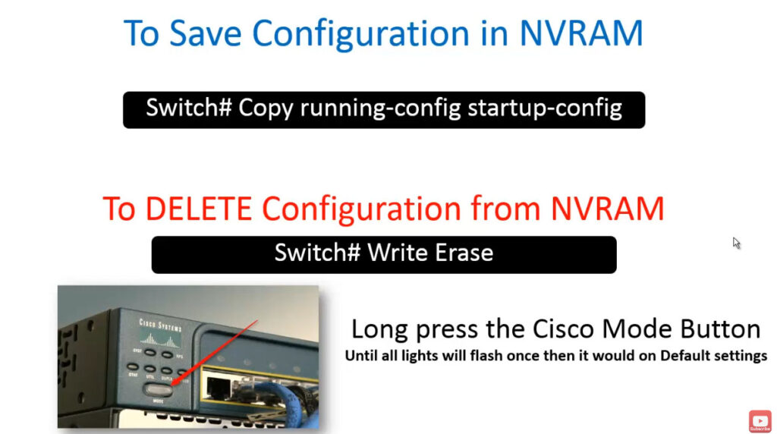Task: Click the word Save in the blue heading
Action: click(x=206, y=33)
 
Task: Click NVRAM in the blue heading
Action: click(x=581, y=33)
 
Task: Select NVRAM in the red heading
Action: click(x=608, y=209)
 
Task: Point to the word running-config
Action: click(x=381, y=108)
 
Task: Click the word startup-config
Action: click(x=545, y=108)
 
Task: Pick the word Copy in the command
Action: click(x=266, y=108)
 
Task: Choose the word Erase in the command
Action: click(x=464, y=253)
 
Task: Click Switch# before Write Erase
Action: click(x=318, y=253)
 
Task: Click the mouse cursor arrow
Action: click(x=736, y=243)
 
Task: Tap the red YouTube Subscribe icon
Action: click(x=760, y=421)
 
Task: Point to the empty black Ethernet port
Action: click(x=218, y=388)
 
